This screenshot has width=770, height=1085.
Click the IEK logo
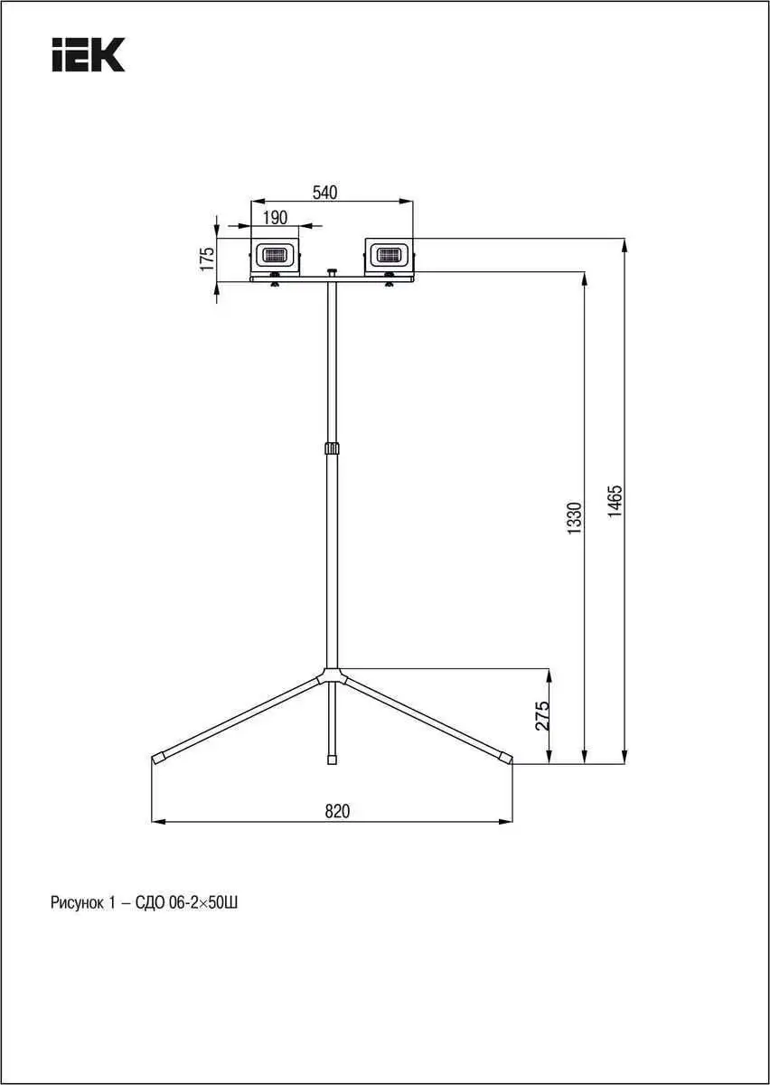click(89, 55)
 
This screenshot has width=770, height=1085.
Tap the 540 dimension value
click(325, 193)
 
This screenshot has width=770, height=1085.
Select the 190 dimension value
click(275, 218)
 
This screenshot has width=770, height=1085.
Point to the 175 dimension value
click(207, 259)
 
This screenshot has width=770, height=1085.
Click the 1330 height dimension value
click(575, 518)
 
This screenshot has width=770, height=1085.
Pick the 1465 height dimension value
click(615, 501)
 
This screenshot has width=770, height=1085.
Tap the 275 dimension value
click(542, 716)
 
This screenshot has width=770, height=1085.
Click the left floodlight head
click(275, 254)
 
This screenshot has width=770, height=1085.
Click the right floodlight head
click(390, 254)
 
